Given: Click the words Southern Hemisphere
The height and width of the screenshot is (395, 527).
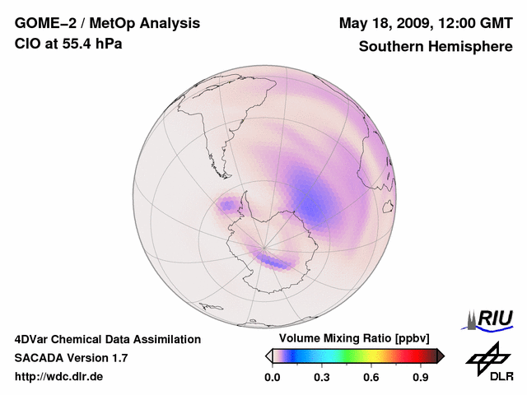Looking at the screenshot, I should point(436,46).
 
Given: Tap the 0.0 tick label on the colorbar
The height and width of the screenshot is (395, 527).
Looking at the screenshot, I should point(272,377).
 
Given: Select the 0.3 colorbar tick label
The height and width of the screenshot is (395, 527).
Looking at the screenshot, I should point(322,377).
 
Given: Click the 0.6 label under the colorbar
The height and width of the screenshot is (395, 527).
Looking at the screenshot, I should point(371,377).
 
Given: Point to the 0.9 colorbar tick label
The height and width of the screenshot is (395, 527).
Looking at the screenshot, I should point(422,377).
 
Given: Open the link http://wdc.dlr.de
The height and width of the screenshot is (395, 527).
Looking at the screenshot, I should point(59,376).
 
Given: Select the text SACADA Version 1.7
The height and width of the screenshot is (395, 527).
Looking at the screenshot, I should point(71,358).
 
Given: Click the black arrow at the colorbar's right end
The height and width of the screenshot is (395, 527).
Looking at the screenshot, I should point(441,355).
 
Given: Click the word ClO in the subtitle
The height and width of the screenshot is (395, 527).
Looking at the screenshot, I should point(26,44).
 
